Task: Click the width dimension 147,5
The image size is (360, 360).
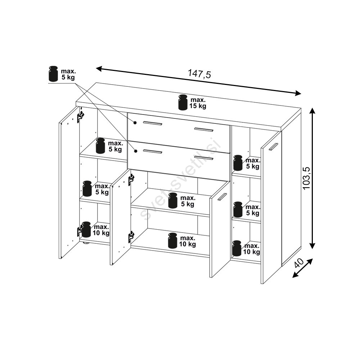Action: tap(199, 74)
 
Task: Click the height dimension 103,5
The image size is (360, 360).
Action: tap(306, 178)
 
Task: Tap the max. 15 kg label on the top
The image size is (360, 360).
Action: tap(198, 103)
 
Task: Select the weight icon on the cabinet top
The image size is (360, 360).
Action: tap(183, 102)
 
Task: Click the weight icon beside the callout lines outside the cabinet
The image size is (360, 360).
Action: tap(54, 74)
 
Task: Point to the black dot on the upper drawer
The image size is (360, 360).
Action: tap(135, 123)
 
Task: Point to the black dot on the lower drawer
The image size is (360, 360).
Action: tap(136, 151)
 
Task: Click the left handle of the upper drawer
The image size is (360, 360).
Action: tap(152, 123)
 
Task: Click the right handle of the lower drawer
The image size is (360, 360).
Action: tap(204, 158)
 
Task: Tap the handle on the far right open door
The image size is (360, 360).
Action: tap(274, 147)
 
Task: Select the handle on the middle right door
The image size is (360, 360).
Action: tap(222, 197)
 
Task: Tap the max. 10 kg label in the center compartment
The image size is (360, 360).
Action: tap(188, 241)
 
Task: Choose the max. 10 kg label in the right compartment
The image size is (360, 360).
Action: tap(252, 249)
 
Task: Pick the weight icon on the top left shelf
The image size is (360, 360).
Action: tap(100, 145)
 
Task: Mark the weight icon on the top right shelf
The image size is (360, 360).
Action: tap(238, 163)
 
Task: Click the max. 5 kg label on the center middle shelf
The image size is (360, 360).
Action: tap(188, 201)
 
